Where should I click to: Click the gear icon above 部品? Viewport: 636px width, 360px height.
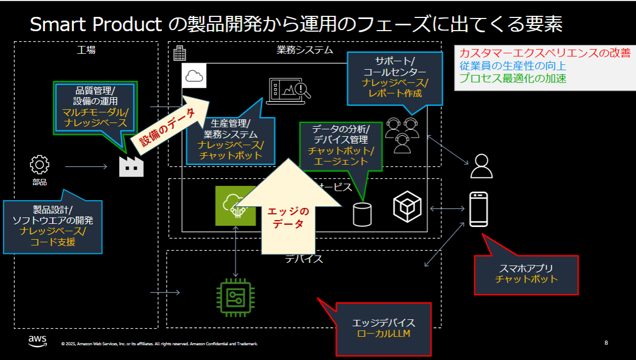pos(40,165)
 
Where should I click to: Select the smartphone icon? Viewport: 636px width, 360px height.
pos(478,210)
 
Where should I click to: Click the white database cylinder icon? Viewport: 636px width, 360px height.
pos(362,214)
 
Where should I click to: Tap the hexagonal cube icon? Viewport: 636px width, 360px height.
pos(407,206)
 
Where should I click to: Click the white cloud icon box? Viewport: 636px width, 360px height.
pos(194,76)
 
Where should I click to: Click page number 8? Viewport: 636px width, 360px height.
pos(606,343)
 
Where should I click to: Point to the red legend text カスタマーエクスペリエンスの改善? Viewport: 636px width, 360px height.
pos(545,53)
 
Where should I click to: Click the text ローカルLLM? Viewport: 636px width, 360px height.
pos(384,334)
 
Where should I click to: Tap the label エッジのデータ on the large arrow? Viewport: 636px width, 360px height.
pos(288,217)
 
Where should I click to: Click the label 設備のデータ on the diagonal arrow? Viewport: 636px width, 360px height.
pos(167,127)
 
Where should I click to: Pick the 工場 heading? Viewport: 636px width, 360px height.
pos(86,50)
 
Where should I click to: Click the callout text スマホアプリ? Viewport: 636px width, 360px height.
pos(526,268)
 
